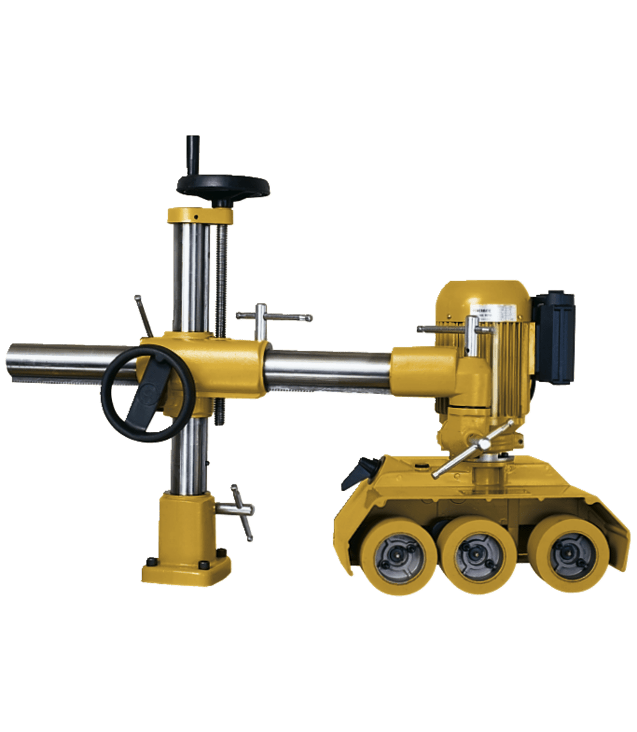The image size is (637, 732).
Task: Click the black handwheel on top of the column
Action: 223,186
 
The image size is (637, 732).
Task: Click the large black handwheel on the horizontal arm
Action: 148,393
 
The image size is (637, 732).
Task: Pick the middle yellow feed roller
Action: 479,554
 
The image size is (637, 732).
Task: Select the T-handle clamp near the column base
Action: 240,511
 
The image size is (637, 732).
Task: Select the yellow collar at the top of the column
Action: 200,216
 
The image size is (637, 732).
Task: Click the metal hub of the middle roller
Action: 479,556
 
